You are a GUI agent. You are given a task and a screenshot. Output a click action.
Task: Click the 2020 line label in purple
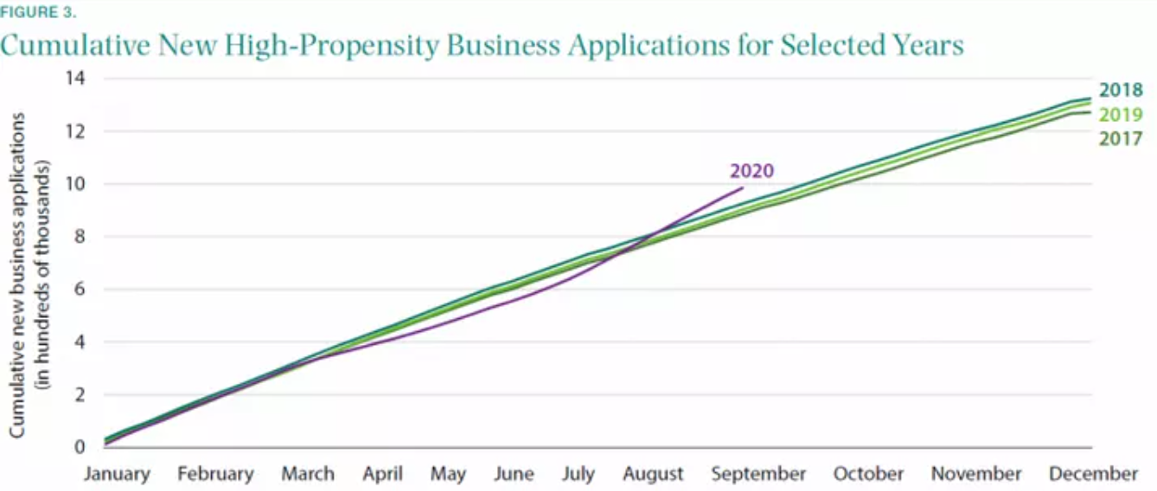click(x=751, y=170)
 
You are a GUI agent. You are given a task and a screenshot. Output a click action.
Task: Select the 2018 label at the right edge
click(x=1122, y=91)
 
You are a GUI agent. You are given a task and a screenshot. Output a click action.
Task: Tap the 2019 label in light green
click(x=1122, y=115)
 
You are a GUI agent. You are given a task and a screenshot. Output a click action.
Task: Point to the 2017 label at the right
click(x=1122, y=138)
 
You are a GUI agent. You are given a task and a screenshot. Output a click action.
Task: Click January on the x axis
click(x=117, y=474)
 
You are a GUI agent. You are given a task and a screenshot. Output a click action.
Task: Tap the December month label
click(x=1093, y=474)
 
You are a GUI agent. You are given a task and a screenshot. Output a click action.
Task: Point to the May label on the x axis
click(x=448, y=474)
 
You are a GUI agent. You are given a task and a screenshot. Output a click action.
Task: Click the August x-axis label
click(x=653, y=474)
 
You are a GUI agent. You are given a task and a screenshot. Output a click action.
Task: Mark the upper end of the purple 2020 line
click(x=741, y=188)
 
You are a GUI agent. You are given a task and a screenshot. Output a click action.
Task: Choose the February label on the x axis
click(x=216, y=474)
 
